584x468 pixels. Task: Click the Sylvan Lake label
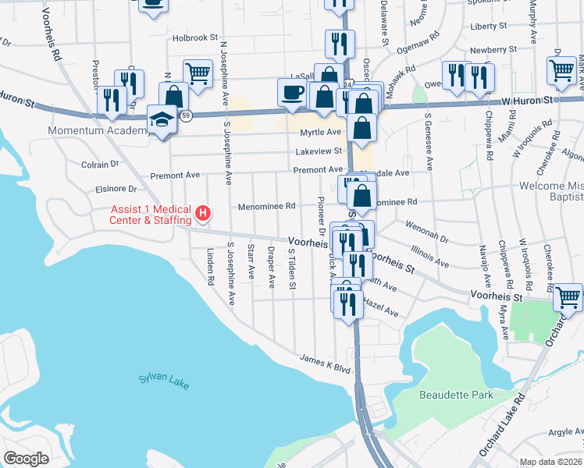point(164,380)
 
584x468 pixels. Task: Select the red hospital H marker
point(203,212)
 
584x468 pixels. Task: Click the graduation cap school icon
point(162,119)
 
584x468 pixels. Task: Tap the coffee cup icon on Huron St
point(293,91)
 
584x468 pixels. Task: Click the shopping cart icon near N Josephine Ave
point(198,73)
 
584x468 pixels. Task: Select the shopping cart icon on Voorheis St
point(568,296)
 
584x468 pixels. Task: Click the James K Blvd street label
point(325,363)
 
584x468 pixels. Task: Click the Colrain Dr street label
point(100,165)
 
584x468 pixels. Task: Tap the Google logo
point(26,459)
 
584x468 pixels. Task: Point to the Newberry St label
point(495,48)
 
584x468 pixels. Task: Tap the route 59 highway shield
point(184,116)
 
